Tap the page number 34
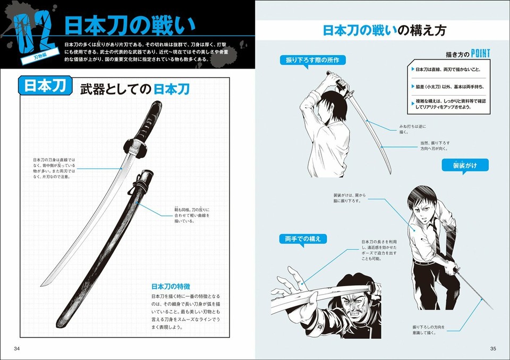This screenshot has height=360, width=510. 16,349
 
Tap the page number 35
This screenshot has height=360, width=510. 492,349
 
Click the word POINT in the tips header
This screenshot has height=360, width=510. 479,53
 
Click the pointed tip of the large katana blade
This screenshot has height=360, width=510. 42,284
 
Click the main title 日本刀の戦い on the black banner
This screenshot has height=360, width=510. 130,26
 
